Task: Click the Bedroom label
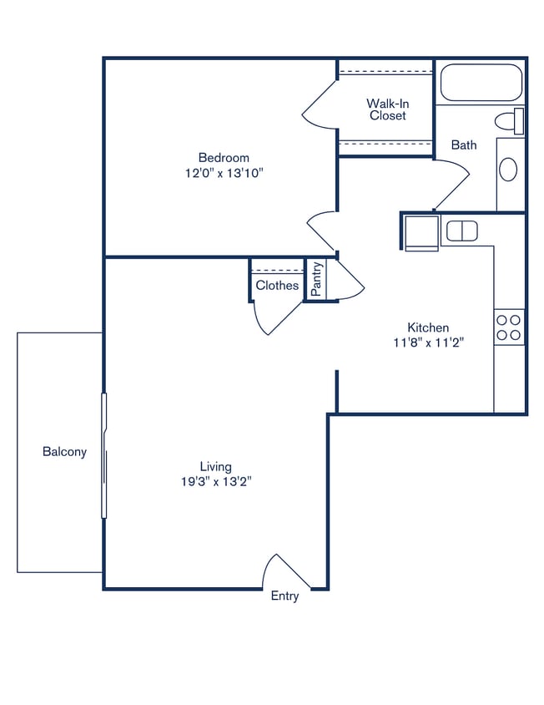point(223,157)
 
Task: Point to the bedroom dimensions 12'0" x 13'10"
point(223,173)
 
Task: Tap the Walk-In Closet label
point(387,109)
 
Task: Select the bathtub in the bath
point(481,82)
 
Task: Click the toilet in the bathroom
point(510,121)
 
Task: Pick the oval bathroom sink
point(508,170)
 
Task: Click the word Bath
point(464,145)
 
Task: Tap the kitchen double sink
point(461,231)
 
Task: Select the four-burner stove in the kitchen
point(509,327)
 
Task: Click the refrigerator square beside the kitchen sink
point(422,231)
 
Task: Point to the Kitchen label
point(428,327)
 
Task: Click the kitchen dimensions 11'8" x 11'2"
point(428,342)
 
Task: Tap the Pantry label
point(317,279)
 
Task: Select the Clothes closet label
point(277,286)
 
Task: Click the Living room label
point(215,466)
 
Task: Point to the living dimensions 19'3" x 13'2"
point(215,481)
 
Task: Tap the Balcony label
point(64,452)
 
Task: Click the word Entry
point(285,596)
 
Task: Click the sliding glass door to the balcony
point(104,455)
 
